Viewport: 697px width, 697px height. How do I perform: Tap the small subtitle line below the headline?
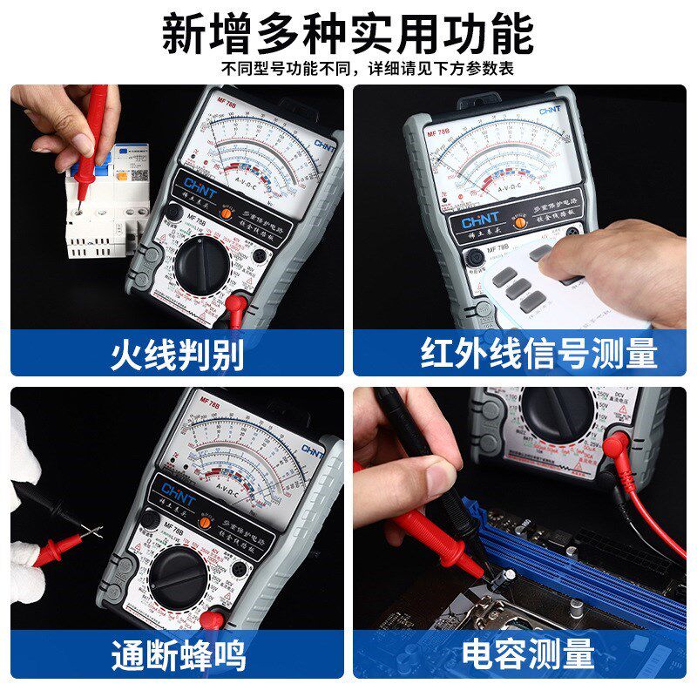pyautogui.click(x=366, y=69)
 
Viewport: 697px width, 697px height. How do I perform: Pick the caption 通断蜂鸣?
pyautogui.click(x=178, y=654)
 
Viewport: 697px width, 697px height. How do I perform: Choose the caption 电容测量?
pyautogui.click(x=527, y=653)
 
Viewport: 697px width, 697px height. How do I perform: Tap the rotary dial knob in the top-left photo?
pyautogui.click(x=206, y=261)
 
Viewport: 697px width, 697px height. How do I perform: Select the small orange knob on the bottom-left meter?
pyautogui.click(x=206, y=523)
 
